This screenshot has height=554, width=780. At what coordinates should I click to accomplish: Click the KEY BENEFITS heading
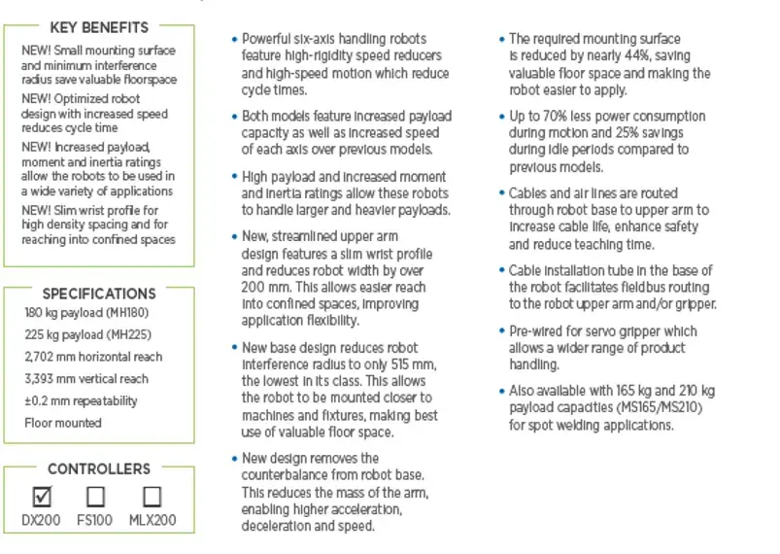pos(98,26)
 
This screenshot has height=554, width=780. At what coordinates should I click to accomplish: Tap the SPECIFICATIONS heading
pos(99,293)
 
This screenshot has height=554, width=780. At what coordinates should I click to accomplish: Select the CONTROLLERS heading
pos(99,468)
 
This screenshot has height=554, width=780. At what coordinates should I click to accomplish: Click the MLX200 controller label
pos(153,520)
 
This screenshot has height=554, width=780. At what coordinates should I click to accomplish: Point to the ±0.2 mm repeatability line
pos(81,400)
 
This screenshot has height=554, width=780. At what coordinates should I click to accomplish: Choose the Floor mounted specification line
pos(63,423)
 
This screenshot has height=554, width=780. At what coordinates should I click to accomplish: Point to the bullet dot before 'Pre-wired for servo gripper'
pos(501,331)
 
